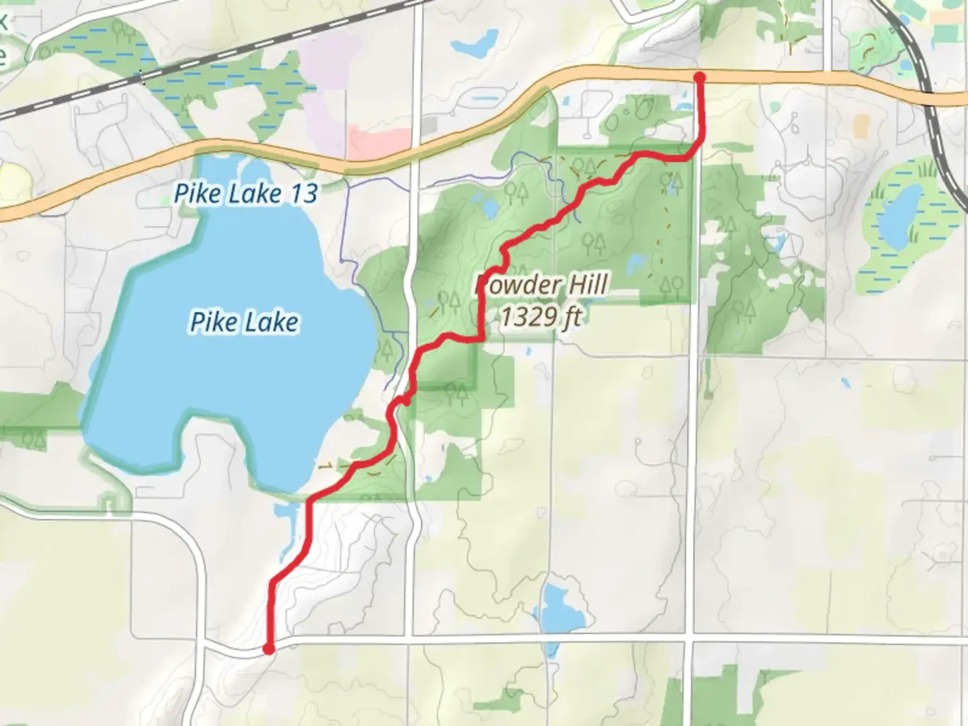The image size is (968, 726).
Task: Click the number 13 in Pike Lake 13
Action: pos(302,194)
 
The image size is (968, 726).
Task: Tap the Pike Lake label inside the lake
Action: pos(244,322)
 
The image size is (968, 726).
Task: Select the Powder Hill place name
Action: pos(542,285)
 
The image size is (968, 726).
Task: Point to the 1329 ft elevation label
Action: pos(540,316)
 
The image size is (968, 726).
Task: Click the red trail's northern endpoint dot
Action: pos(699,77)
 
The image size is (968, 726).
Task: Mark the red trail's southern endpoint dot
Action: pos(268,649)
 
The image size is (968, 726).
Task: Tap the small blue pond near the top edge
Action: pos(473,46)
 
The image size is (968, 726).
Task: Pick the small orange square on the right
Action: pos(860,123)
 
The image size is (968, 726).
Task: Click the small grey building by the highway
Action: pos(430,124)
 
